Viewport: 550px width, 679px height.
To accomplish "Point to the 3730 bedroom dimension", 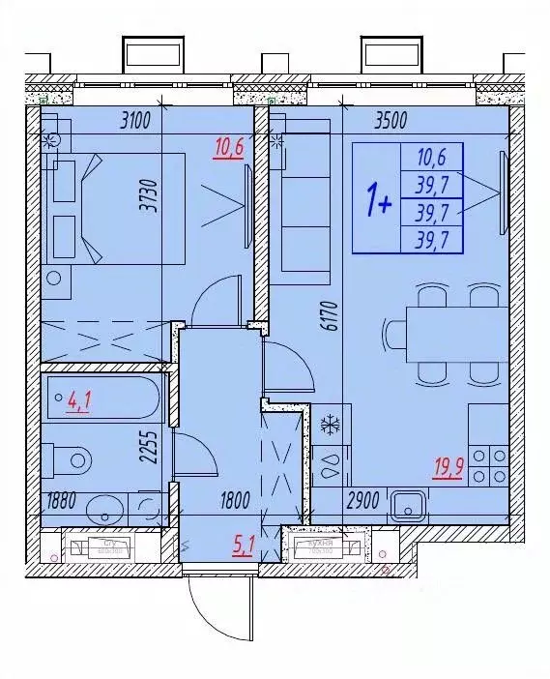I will coord(147,198).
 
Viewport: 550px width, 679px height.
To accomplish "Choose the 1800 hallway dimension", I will coord(234,501).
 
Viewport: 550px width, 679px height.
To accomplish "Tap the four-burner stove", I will coord(488,466).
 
